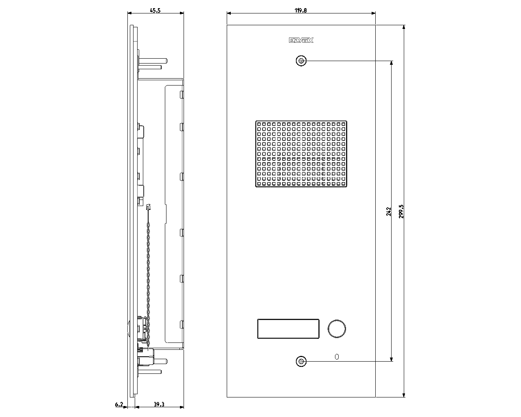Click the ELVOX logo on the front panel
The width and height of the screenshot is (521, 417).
(301, 40)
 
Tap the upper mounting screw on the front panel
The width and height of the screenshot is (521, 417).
(301, 61)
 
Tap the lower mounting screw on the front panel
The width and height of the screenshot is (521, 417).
(301, 361)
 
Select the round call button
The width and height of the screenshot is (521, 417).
(337, 329)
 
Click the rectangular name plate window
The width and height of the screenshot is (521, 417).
(288, 329)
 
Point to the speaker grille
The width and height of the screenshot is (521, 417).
(301, 154)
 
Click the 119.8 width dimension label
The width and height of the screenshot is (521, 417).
(301, 11)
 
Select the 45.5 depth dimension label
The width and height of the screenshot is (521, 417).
(155, 11)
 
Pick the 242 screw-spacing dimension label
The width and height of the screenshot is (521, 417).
(389, 211)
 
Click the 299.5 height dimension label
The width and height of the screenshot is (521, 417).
(401, 211)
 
